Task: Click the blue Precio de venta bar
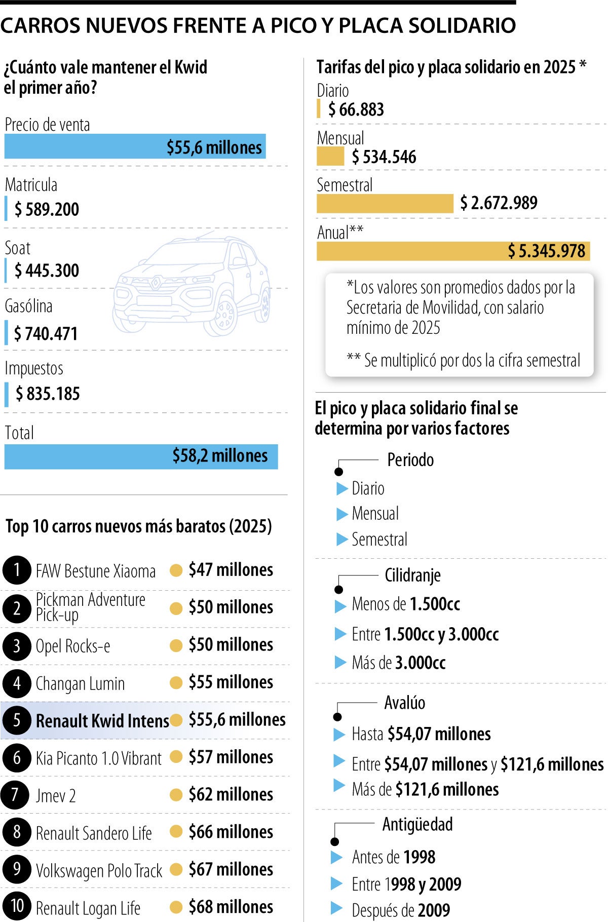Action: coord(135,146)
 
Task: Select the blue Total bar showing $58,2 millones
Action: coord(141,456)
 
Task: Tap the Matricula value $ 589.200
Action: coord(47,209)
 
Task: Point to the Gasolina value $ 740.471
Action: coord(46,334)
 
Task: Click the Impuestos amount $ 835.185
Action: coord(48,394)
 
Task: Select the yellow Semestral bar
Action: coord(385,203)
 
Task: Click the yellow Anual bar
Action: coord(453,251)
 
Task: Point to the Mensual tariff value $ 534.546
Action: coord(384,157)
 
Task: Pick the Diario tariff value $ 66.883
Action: coord(356,109)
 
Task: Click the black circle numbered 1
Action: coord(17,570)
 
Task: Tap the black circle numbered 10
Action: coord(17,906)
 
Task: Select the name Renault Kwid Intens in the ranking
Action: coord(102,720)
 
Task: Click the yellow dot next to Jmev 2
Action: coord(176,794)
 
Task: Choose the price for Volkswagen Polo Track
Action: coord(231,869)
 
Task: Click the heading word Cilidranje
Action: coord(412,575)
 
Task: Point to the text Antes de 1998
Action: coord(394,857)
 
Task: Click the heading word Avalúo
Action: coord(404,703)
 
